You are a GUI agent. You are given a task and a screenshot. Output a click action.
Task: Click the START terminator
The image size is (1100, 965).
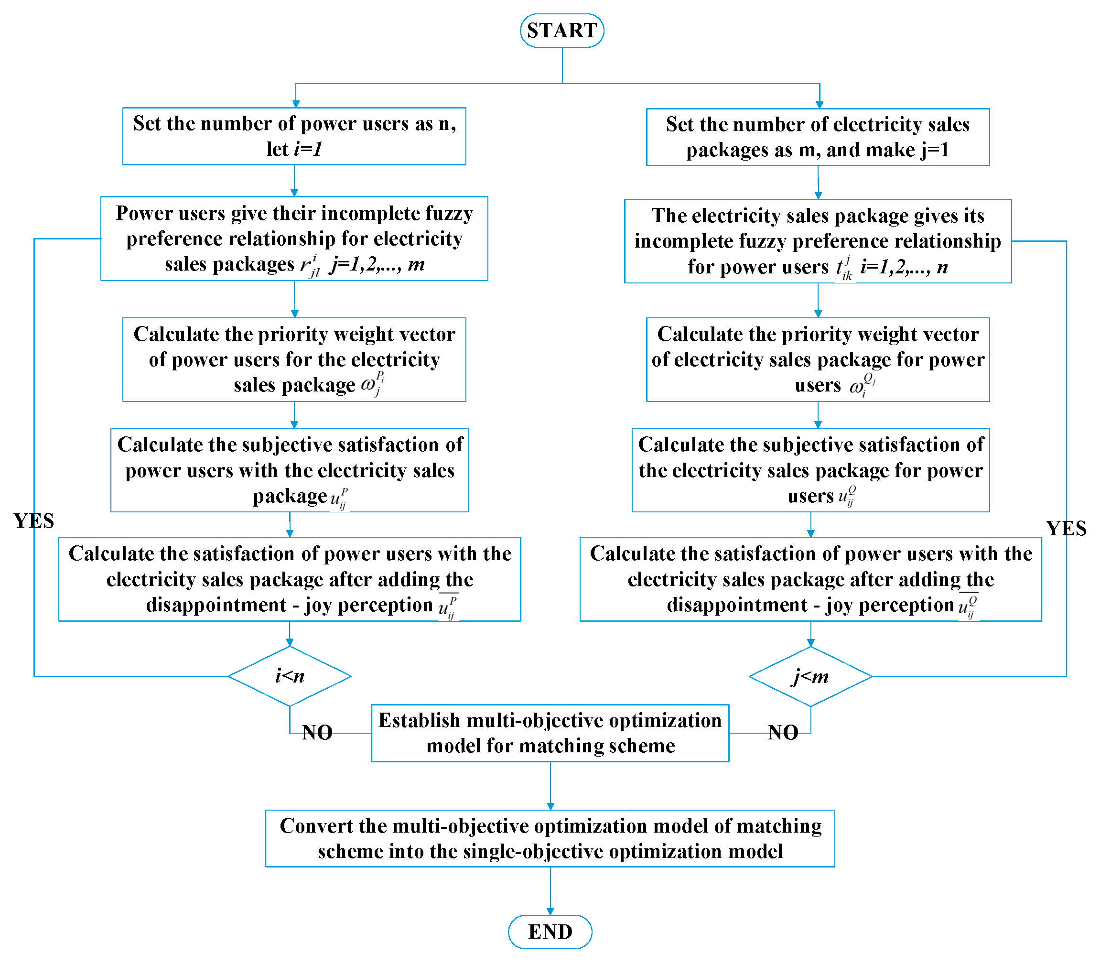point(562,31)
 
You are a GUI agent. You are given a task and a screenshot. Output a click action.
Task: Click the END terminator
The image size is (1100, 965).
point(550,932)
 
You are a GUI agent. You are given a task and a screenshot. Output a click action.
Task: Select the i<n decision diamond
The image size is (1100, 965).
point(290,676)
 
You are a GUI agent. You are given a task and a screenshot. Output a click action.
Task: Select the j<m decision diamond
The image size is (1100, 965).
point(810,676)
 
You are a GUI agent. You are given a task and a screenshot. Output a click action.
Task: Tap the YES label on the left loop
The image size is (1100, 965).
point(33,521)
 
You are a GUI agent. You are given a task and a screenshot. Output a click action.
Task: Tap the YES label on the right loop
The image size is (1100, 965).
point(1066,529)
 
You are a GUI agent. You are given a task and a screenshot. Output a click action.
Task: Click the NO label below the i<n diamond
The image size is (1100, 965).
point(317,733)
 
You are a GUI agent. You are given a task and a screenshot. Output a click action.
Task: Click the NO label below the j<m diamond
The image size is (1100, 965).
point(783,733)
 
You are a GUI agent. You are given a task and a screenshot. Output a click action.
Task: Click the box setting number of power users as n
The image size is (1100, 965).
point(294,136)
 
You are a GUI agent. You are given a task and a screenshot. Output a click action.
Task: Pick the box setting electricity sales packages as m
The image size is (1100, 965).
point(818,137)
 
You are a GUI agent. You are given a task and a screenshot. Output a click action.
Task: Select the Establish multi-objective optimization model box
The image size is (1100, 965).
point(550,733)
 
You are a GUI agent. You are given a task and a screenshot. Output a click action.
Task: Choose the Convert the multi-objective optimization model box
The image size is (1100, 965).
point(550,838)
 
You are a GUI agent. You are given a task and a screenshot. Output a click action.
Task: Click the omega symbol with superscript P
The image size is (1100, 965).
point(371,384)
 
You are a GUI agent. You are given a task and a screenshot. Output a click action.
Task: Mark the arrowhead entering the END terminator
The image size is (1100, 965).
point(550,911)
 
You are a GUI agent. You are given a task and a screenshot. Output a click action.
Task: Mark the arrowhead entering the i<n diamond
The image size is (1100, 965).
point(290,642)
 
